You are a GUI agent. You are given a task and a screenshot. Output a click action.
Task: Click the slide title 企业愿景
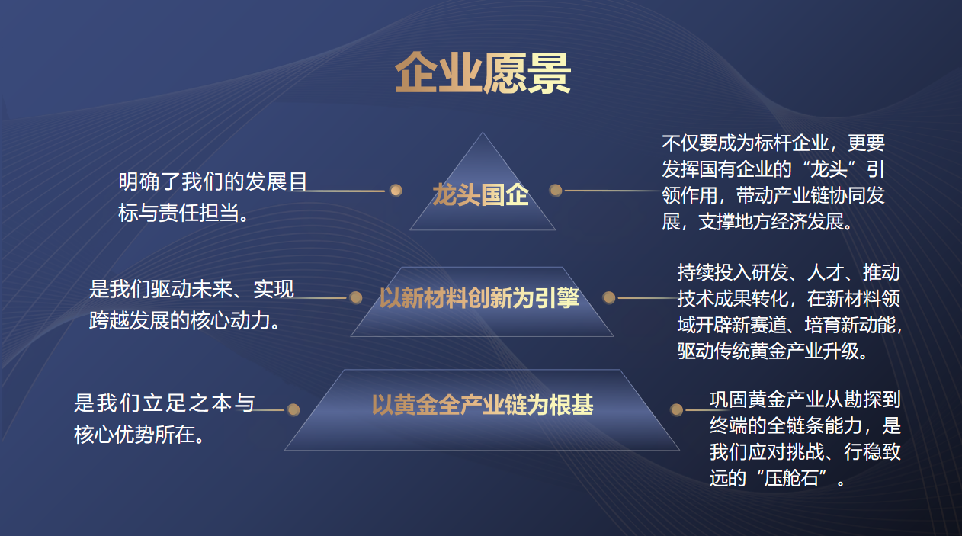coord(483,73)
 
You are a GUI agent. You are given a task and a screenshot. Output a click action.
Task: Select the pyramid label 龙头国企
coord(480,194)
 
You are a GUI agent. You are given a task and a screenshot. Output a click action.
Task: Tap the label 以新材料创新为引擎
coord(479,297)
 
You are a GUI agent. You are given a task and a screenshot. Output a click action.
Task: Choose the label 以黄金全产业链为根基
coord(483,405)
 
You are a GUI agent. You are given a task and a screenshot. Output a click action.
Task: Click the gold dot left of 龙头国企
coord(396,191)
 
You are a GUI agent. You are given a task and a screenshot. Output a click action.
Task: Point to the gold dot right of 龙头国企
coord(556,191)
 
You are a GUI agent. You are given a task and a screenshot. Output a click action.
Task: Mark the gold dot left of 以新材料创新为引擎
coord(356,297)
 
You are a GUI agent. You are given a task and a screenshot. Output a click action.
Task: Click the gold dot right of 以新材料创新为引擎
coord(609,297)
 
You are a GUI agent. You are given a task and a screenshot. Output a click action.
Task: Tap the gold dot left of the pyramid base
coord(293,409)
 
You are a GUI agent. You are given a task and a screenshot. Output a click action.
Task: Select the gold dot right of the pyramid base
coord(676,409)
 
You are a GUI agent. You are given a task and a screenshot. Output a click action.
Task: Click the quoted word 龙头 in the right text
coord(829,169)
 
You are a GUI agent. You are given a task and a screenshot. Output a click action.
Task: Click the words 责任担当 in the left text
coord(199,213)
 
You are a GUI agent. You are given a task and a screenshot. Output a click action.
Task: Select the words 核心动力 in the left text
coord(230,320)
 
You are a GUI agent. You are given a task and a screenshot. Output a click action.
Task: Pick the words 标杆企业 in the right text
coord(791,143)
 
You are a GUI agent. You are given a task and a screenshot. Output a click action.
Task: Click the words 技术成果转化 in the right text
coord(733,299)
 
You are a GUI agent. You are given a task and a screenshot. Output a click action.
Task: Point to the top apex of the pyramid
coord(483,132)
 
